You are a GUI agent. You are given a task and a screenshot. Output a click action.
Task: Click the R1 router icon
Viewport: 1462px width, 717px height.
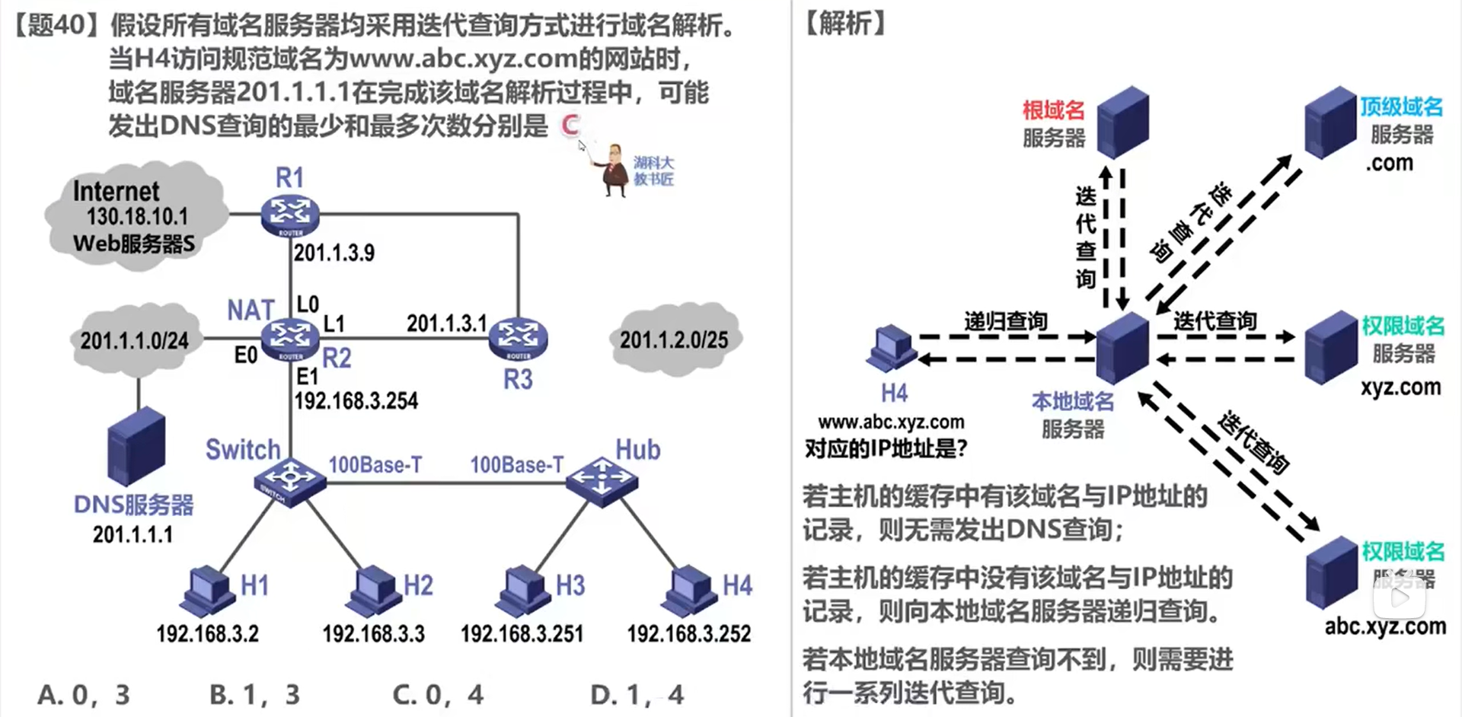point(289,215)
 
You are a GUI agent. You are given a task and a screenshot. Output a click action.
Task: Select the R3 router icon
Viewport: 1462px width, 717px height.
point(518,338)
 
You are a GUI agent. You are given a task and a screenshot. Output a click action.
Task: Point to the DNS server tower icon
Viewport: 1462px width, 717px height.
point(136,448)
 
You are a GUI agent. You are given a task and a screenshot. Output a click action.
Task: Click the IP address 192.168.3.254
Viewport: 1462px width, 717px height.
point(356,401)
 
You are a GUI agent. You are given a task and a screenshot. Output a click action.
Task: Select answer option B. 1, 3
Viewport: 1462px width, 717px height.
point(254,694)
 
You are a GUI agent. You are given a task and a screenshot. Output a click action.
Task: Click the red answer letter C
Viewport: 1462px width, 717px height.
point(570,126)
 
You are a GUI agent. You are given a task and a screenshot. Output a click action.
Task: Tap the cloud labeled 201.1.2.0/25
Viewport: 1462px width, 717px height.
point(674,339)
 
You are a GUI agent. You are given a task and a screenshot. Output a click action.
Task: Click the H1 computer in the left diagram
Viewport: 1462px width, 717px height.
point(206,591)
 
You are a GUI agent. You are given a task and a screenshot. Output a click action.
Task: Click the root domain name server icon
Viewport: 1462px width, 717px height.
point(1122,122)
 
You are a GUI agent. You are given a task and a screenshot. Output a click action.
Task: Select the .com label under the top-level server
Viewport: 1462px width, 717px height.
point(1389,163)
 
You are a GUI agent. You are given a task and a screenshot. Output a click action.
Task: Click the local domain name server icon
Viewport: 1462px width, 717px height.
point(1122,347)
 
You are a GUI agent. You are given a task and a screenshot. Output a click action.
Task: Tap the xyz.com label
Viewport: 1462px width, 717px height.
point(1401,387)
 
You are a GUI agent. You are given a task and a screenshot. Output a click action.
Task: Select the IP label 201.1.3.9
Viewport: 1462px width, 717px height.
point(334,253)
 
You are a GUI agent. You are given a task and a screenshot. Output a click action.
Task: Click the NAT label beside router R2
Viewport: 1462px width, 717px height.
point(250,310)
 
